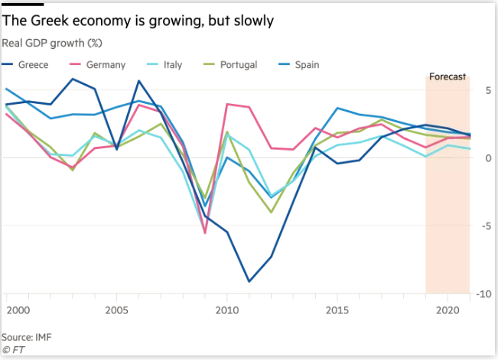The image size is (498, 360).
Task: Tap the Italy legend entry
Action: (172, 65)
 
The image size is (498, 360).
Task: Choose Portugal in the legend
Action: (236, 65)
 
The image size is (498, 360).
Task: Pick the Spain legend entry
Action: (305, 65)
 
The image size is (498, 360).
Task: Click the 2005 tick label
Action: (116, 311)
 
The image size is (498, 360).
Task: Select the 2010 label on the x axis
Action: (227, 311)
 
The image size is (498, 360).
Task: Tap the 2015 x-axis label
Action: (337, 311)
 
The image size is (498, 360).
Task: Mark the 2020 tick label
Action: (448, 311)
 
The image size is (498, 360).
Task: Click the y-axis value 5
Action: (487, 90)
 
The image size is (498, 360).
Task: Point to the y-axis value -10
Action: (483, 294)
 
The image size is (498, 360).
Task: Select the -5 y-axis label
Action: (486, 225)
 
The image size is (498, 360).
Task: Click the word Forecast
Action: (448, 77)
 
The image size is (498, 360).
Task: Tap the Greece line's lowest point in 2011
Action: (249, 281)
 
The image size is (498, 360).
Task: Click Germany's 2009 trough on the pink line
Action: (205, 232)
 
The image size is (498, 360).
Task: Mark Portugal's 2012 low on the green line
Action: (271, 212)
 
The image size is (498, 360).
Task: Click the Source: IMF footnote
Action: (26, 336)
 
